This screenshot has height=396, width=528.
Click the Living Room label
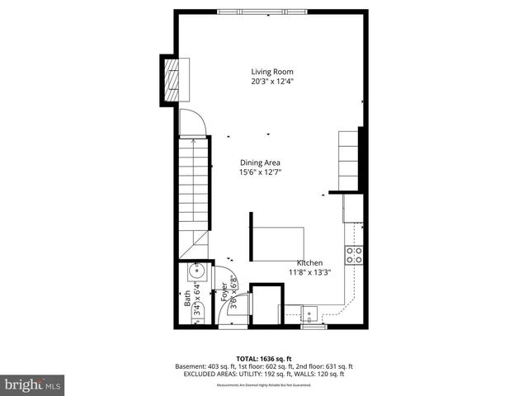coord(272,72)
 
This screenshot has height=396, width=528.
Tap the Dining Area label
coord(261,163)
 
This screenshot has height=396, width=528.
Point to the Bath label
coord(187,298)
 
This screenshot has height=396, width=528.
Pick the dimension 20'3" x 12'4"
coord(272,82)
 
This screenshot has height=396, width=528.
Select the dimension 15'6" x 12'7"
coord(261,172)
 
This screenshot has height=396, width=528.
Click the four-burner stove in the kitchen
coord(355,255)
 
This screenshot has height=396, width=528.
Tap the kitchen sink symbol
coord(310,312)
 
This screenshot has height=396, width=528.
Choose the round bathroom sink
coord(198,271)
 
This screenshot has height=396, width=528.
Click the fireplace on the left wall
coord(171,78)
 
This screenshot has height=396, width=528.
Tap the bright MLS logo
coord(33,385)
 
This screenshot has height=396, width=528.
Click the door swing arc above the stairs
coord(191,122)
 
